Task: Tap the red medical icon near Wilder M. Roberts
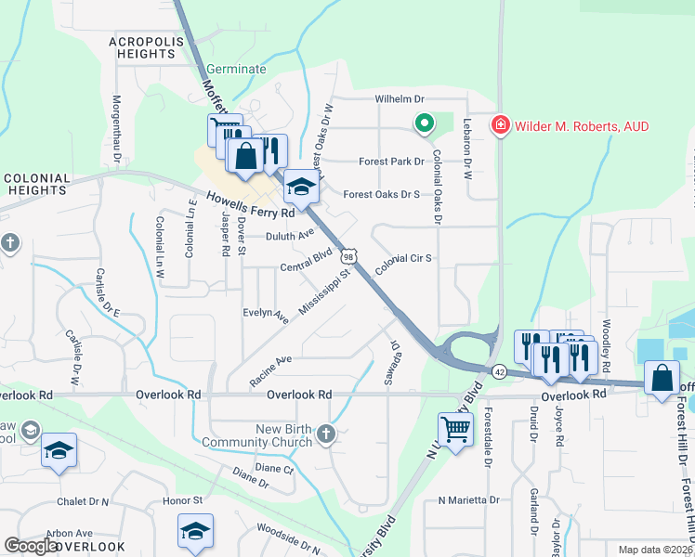[501, 124]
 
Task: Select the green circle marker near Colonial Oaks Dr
[425, 123]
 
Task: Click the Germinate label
[236, 70]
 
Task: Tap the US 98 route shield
[348, 255]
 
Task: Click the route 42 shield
[499, 370]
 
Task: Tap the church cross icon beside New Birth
[325, 434]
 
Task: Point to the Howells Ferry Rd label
[250, 204]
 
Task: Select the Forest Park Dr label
[391, 162]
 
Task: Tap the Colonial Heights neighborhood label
[37, 184]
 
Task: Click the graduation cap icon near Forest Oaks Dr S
[300, 187]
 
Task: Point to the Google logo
[31, 546]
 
